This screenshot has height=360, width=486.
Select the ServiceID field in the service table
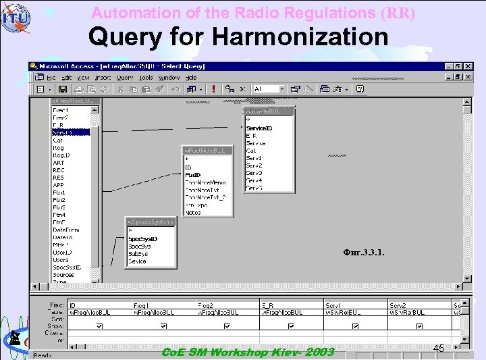coord(259,128)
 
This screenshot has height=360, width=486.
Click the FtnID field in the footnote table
coord(193,175)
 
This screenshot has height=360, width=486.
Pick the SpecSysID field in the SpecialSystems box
coord(143,239)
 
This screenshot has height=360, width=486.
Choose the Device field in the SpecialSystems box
coord(137,261)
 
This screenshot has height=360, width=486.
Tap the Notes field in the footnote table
coord(193,213)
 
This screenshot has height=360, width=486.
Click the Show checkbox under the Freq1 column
coord(163,326)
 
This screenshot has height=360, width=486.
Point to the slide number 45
coord(439,349)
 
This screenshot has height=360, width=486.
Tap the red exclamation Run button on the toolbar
coord(213,88)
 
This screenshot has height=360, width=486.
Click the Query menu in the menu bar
coord(125,78)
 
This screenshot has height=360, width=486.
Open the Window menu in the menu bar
coord(169,78)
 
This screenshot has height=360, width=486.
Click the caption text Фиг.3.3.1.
coord(364,253)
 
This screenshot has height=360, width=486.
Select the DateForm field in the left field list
coord(66,230)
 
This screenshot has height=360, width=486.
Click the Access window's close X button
coord(468,66)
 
